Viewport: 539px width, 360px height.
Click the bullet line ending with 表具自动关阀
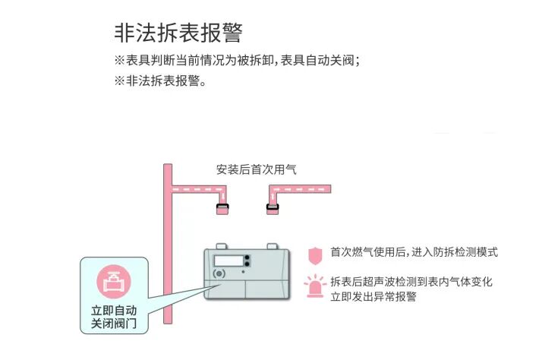(236, 61)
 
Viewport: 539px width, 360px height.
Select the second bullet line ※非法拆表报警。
(160, 79)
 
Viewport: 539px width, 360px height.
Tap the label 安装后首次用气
(256, 169)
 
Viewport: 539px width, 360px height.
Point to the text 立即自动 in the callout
(114, 311)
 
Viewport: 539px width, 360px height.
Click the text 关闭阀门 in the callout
(114, 324)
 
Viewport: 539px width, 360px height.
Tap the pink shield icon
(314, 254)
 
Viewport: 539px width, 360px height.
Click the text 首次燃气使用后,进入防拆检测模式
(414, 252)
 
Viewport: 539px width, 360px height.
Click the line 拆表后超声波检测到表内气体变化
(411, 282)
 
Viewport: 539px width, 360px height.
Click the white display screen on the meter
(228, 260)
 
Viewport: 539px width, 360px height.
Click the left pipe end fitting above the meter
(222, 208)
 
